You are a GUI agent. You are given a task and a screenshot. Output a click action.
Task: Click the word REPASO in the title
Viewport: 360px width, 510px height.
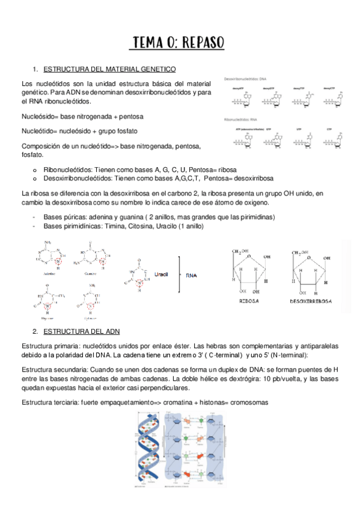201,43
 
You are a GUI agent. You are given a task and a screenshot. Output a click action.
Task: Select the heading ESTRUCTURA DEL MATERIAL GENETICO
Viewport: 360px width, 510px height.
110,69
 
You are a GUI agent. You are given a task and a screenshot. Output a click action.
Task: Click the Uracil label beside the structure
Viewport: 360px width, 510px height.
161,274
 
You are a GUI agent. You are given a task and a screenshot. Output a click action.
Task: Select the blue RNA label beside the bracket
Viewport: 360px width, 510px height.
191,275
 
